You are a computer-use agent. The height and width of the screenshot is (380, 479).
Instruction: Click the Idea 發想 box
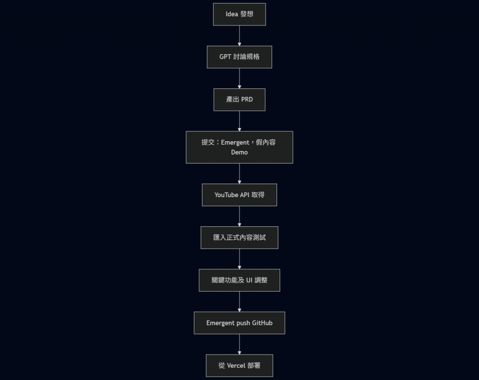239,14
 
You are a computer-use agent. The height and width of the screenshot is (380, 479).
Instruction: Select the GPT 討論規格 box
239,57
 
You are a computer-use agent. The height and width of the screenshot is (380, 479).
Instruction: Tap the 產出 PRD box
239,100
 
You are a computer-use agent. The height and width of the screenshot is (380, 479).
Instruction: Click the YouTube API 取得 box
239,194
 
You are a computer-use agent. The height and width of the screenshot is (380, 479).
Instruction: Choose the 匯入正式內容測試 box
239,237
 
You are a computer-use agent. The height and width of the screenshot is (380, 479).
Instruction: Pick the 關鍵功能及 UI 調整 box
239,280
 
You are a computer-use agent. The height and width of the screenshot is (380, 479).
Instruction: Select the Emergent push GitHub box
239,323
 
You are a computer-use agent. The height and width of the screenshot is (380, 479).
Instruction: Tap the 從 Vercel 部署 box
239,366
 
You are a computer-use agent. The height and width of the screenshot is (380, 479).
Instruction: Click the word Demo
239,152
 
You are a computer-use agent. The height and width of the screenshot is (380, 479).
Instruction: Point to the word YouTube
226,194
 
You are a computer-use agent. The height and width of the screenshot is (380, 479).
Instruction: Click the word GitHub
262,323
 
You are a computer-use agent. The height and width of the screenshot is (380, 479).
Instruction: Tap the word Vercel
237,366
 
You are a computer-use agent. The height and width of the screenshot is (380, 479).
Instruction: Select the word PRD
247,100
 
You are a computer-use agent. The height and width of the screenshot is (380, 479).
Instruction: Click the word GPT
225,57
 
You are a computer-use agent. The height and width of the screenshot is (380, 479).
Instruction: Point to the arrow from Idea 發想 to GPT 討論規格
239,36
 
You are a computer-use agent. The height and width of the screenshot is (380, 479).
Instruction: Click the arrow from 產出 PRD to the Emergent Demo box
239,121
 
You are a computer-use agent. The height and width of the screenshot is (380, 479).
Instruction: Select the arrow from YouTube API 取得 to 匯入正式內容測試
239,216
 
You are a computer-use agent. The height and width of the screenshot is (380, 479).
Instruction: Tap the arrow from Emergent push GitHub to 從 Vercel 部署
239,344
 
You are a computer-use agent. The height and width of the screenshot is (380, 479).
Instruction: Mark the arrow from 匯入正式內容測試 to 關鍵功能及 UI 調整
239,258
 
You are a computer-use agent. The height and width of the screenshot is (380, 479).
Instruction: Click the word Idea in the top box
232,14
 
